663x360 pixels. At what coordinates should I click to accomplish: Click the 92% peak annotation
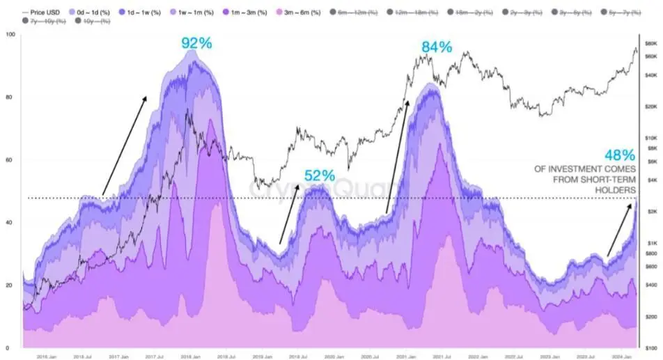pyautogui.click(x=197, y=43)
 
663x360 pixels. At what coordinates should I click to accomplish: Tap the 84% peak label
pyautogui.click(x=436, y=47)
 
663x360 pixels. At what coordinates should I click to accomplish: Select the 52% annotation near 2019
pyautogui.click(x=320, y=175)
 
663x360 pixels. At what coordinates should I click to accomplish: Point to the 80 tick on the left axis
pyautogui.click(x=9, y=97)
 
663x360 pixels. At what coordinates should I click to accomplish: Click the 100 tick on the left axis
pyautogui.click(x=10, y=35)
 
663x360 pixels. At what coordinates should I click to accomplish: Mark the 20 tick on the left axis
pyautogui.click(x=9, y=285)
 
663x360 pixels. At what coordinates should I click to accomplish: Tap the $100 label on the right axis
pyautogui.click(x=650, y=347)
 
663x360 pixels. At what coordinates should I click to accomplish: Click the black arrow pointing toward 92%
pyautogui.click(x=125, y=146)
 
